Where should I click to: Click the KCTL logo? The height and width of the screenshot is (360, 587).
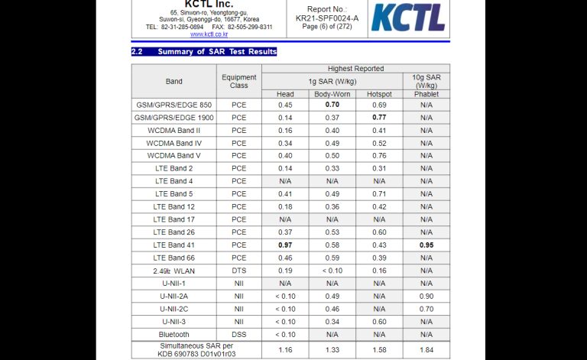pos(409,18)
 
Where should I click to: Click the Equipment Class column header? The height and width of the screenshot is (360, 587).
pos(239,81)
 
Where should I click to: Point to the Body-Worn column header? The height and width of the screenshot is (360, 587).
pos(332,94)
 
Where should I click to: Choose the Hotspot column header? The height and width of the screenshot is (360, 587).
pos(379,94)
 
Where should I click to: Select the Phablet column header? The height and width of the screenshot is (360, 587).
pos(426,94)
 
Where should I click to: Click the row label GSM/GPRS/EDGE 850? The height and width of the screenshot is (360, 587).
pos(174,105)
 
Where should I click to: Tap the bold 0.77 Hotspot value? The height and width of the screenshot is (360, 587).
pos(379,118)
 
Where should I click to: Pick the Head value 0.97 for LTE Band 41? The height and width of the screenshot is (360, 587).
pos(285,245)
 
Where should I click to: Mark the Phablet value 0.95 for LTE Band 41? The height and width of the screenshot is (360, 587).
pos(426,245)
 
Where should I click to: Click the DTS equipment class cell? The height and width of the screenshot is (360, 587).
pos(239,271)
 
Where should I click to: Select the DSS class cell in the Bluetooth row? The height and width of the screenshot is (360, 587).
pos(239,334)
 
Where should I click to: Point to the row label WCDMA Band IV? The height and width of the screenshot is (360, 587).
pos(174,143)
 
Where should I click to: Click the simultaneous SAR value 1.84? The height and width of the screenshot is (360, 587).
pos(426,349)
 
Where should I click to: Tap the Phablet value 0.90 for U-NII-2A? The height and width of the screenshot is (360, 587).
pos(426,296)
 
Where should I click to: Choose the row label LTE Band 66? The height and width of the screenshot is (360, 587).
pos(174,258)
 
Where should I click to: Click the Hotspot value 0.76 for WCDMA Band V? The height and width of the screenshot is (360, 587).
pos(379,156)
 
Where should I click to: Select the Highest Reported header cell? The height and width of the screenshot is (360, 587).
pos(355,69)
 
